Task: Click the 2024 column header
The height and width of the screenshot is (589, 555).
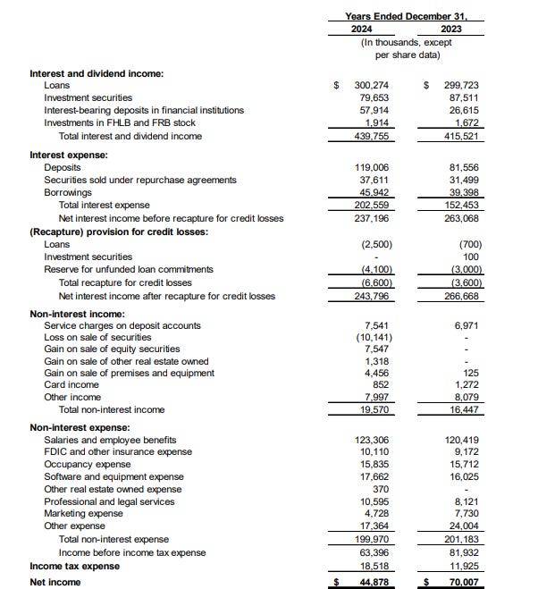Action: (x=363, y=28)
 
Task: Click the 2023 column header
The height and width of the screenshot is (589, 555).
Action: (x=452, y=28)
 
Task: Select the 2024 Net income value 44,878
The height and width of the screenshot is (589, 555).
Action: (x=374, y=582)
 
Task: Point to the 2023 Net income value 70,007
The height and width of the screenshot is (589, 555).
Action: (x=465, y=582)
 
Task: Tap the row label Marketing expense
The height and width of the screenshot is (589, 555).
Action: (x=83, y=514)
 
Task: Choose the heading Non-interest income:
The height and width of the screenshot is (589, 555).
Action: (x=77, y=314)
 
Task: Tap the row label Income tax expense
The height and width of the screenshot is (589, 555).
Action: (x=74, y=566)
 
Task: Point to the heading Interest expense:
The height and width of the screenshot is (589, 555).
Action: (x=68, y=155)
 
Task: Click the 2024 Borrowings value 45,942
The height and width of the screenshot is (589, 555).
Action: (x=376, y=192)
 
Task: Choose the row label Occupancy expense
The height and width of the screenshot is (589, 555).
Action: (x=87, y=465)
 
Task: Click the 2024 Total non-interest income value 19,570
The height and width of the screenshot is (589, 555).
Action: (x=376, y=409)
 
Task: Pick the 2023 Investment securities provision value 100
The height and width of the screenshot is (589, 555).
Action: (x=474, y=257)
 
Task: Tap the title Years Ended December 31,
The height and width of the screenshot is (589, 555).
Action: (x=407, y=16)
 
